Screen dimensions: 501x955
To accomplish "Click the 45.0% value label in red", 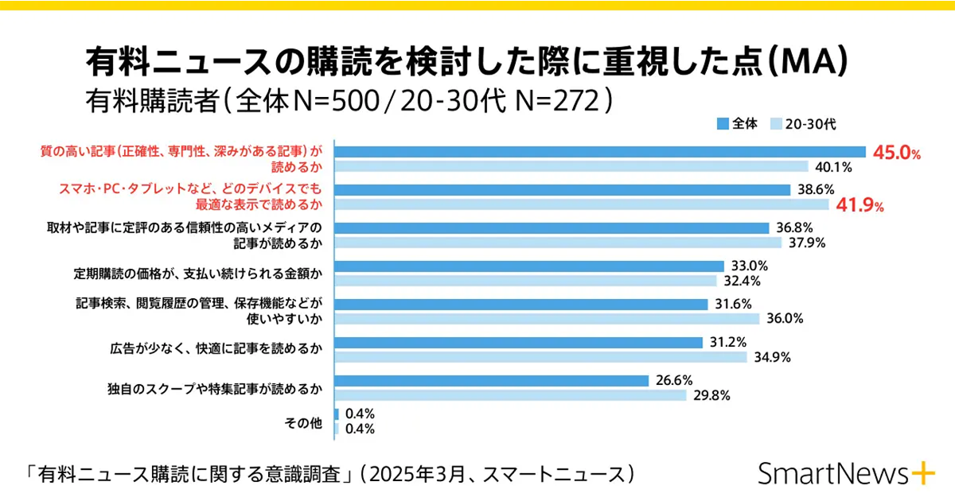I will (x=896, y=153).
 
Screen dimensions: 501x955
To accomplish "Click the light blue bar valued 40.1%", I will (x=571, y=167).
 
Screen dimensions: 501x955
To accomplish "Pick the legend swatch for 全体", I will (x=723, y=124).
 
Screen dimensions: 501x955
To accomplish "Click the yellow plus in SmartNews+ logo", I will (x=923, y=473).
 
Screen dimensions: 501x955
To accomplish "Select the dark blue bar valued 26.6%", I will (x=492, y=381).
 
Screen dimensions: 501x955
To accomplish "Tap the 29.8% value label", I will (x=711, y=395).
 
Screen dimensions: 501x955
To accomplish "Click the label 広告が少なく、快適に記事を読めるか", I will (x=216, y=348).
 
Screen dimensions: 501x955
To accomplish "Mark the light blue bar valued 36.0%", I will (x=547, y=319).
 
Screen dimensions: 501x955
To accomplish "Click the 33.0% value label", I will (x=748, y=266).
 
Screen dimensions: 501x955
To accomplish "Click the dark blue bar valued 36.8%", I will (x=552, y=228).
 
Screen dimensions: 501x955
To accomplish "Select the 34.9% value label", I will (x=771, y=357).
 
